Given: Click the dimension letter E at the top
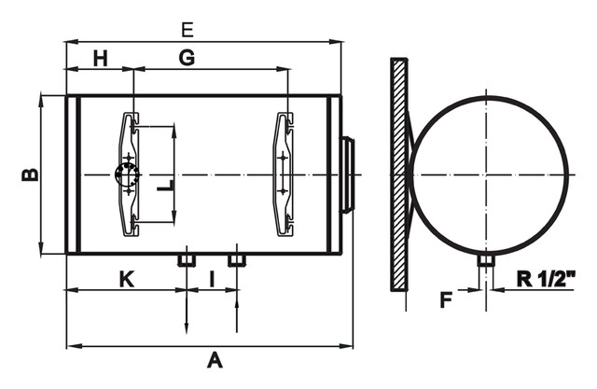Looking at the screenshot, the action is coord(187,30).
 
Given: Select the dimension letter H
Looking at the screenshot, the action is coord(101,59).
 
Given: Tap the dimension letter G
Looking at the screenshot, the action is coord(187,58).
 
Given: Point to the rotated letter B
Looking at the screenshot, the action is coord(31,174).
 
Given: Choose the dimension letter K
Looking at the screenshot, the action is coord(127,279).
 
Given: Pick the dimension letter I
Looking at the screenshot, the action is coord(212,279).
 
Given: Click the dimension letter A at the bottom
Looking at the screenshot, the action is coord(215,360).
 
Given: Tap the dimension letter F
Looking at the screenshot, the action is coord(446,299).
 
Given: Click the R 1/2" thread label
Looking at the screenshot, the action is coord(546,279).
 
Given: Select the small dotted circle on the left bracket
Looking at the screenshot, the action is coord(127,174).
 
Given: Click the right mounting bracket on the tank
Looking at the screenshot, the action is coord(284,174).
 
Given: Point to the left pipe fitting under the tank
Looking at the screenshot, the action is coord(187,260).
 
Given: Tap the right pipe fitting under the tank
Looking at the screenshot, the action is coord(237,260).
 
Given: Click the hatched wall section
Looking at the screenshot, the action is coord(399,174).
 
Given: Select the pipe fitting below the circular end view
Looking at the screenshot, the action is coord(486,260).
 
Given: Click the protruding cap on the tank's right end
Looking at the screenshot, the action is coord(348,174).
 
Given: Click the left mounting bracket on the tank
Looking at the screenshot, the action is coord(129,174).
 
